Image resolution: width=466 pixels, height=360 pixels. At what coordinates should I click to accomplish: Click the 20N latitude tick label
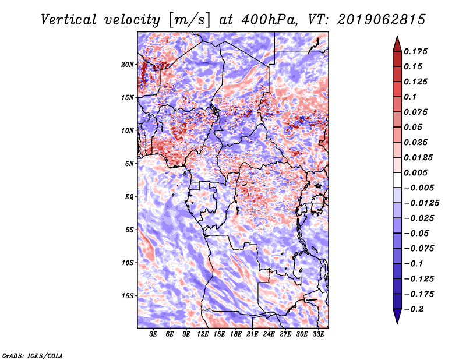(x=128, y=65)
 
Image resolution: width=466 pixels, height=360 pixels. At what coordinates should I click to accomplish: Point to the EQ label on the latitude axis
(x=129, y=197)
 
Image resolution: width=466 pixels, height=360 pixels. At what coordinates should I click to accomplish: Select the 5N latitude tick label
(x=129, y=164)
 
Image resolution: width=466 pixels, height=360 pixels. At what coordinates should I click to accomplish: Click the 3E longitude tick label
(x=153, y=334)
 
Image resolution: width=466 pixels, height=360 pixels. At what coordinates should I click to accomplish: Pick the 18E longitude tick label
(x=236, y=334)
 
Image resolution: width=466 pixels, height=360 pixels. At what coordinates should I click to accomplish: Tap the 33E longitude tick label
(x=318, y=334)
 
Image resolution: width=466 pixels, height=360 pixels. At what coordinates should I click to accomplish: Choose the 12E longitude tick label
(x=203, y=334)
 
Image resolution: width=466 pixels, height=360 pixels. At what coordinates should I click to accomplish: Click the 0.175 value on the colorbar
(x=415, y=51)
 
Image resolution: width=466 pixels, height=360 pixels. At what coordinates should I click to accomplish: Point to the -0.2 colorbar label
(x=414, y=309)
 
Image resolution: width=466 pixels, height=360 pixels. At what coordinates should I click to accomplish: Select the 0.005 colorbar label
(x=415, y=172)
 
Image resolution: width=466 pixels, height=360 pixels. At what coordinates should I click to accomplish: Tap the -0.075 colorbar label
(x=419, y=249)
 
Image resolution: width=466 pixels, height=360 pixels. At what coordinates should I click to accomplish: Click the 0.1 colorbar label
(x=410, y=97)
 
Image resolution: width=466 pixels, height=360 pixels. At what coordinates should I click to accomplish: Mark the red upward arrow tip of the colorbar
(x=397, y=36)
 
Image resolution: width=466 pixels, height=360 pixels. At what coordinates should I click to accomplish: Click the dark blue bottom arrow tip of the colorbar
(x=397, y=323)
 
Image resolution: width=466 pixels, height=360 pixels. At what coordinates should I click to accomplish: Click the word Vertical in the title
(x=69, y=20)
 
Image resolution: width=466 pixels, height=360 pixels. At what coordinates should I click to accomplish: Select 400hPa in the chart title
(x=269, y=20)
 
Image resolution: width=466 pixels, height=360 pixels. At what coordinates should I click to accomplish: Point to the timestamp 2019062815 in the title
(x=382, y=20)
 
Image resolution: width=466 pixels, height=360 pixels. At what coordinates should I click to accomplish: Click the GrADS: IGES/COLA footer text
(x=33, y=355)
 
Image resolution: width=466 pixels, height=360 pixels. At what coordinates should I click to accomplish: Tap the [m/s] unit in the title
(x=189, y=20)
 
